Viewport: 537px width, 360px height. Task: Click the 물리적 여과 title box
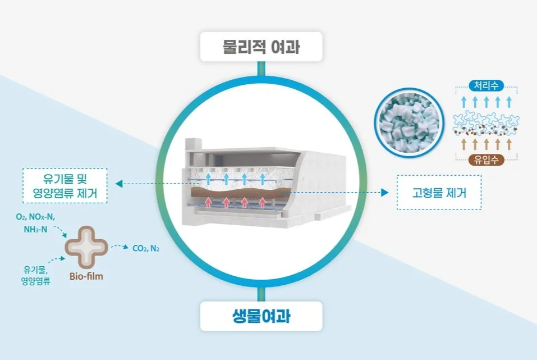[261, 47]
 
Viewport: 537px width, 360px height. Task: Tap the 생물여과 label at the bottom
[261, 316]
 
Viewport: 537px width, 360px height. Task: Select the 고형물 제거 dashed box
[439, 193]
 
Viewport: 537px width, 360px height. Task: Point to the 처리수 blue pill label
[486, 86]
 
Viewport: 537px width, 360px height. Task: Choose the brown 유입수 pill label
[486, 160]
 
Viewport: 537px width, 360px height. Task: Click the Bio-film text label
[86, 276]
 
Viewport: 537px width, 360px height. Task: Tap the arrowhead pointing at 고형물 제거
[385, 193]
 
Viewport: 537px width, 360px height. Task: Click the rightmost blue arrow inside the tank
[263, 179]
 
